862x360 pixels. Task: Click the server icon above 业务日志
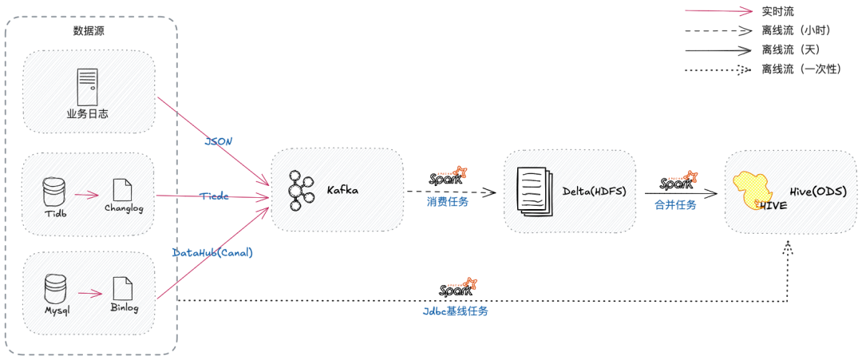pos(87,87)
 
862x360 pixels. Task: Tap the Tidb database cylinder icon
pos(54,191)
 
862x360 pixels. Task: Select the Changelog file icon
pos(122,189)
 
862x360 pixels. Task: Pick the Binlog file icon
pos(122,288)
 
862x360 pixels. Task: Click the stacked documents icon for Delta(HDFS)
pos(533,190)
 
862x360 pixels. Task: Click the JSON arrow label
pos(219,141)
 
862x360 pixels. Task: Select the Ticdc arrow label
pos(214,196)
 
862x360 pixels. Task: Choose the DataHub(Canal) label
pos(212,252)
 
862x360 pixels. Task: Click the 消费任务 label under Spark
pos(448,202)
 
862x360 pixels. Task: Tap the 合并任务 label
pos(675,204)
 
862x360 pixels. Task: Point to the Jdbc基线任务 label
pos(455,311)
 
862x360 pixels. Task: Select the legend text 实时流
pos(778,11)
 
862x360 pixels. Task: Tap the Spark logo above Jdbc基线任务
pos(458,287)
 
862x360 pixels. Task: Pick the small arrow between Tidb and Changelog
pos(86,194)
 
